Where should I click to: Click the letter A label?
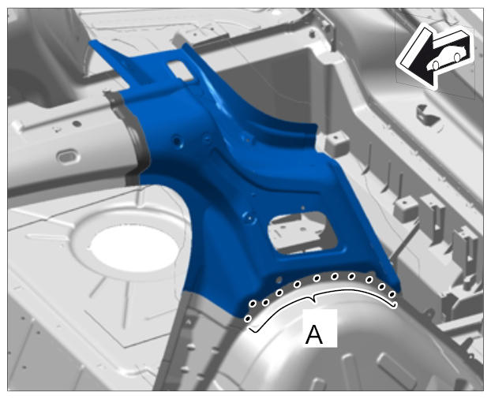[314, 334]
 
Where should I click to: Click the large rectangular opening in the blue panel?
[302, 232]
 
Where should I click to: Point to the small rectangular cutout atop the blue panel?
[181, 70]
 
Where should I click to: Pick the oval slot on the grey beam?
[67, 156]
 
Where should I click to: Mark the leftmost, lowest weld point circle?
[248, 319]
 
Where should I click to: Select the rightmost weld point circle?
[392, 294]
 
